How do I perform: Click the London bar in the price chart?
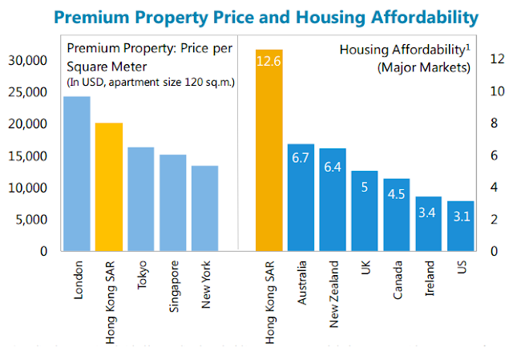[77, 173]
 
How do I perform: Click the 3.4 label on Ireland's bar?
[429, 214]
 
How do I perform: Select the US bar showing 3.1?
[461, 217]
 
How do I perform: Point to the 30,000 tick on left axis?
[27, 60]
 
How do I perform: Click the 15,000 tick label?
[27, 156]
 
